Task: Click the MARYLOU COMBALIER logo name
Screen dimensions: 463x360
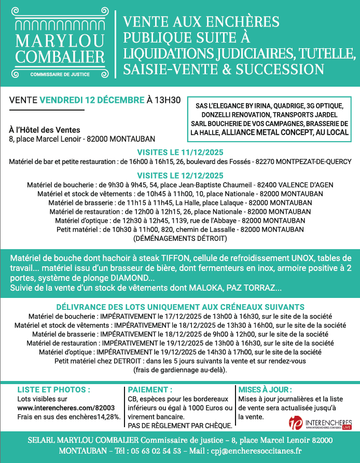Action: (60, 48)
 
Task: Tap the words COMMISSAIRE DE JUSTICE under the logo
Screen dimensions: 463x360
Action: (60, 74)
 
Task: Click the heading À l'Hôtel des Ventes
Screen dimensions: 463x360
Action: (45, 130)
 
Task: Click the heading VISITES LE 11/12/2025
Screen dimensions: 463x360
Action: (179, 153)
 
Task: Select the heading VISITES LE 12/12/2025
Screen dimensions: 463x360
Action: (179, 175)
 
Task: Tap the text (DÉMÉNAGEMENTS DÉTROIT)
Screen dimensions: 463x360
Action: (180, 238)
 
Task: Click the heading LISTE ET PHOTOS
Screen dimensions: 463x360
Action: (54, 389)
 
